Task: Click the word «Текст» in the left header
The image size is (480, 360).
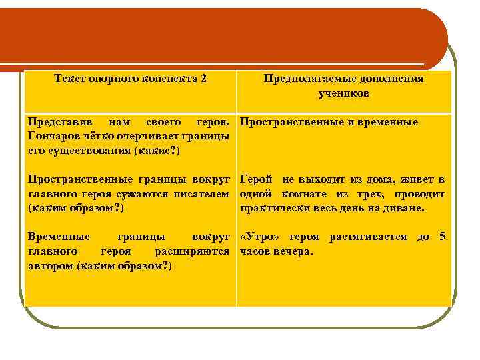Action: (x=69, y=79)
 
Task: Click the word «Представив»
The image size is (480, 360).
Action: (x=55, y=123)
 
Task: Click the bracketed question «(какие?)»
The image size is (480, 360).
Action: (x=156, y=151)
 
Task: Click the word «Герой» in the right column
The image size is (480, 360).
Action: (x=256, y=180)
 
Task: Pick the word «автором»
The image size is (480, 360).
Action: (x=51, y=266)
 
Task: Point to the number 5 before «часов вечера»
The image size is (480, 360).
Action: (x=441, y=238)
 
